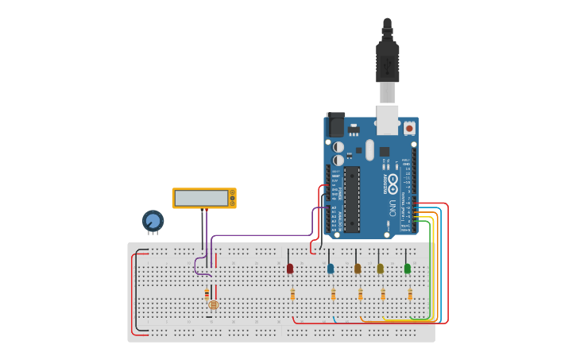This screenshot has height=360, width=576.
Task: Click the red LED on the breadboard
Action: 290,269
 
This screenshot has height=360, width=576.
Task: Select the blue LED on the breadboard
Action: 331,269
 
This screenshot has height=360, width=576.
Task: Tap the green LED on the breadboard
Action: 408,269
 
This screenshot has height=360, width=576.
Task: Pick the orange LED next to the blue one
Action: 358,269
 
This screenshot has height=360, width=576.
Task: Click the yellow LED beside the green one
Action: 381,269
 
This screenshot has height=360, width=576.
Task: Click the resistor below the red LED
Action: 292,294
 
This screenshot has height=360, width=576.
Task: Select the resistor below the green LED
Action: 410,294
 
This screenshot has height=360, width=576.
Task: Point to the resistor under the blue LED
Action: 333,294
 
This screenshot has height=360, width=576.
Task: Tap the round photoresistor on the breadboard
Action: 213,304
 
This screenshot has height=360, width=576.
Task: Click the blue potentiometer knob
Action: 153,220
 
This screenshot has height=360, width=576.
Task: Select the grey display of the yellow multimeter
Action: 202,198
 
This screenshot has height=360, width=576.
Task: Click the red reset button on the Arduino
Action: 409,127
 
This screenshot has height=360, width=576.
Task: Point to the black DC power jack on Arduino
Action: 336,125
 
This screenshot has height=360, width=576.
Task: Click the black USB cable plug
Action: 387,60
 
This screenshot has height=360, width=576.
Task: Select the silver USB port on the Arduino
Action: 387,119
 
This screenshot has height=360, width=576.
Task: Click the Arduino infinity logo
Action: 392,181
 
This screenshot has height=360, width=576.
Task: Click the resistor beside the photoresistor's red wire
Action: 207,293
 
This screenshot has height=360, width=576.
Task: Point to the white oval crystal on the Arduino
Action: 369,149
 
